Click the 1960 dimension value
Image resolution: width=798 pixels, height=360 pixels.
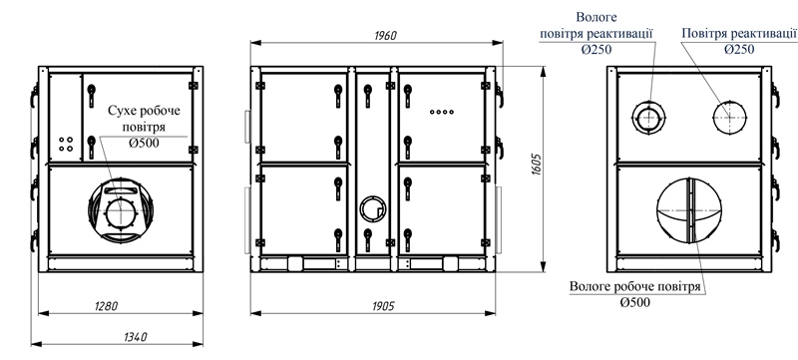(x=385, y=36)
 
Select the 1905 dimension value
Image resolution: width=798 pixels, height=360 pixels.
(x=383, y=305)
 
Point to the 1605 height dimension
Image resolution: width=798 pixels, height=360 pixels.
(x=535, y=165)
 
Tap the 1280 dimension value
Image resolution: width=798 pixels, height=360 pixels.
(x=107, y=305)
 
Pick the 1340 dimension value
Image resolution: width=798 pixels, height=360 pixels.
(x=136, y=336)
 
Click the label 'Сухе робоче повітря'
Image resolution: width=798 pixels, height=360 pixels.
(x=144, y=118)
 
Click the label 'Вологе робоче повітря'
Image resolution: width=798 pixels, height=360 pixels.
(x=635, y=287)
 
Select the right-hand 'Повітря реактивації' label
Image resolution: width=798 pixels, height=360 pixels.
(x=739, y=34)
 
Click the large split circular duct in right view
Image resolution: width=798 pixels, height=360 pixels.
(x=689, y=209)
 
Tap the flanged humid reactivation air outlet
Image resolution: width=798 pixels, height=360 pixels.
(x=649, y=118)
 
